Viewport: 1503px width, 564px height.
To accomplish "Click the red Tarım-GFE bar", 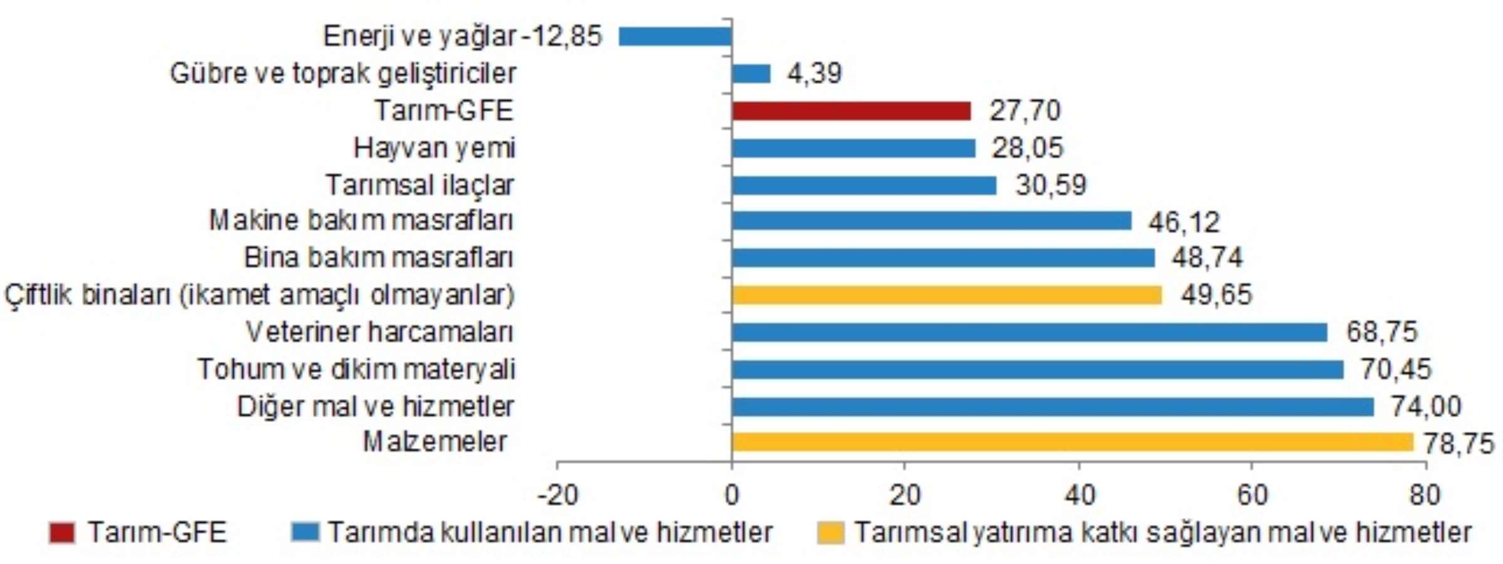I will coord(850,111).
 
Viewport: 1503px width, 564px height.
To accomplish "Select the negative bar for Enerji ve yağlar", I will coord(674,36).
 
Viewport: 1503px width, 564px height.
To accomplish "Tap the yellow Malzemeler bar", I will coord(1072,442).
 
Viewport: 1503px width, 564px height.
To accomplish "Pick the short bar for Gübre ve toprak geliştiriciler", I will coord(750,74).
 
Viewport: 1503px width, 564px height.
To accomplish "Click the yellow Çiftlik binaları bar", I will coord(946,295).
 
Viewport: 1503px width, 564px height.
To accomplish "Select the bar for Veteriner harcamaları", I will coord(1028,332).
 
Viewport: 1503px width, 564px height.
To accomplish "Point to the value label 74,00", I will coord(1425,407).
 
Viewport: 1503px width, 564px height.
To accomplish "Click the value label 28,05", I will coord(1027,149).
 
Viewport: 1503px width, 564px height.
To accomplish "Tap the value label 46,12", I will coord(1184,222).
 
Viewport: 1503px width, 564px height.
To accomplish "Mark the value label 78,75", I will coord(1459,444).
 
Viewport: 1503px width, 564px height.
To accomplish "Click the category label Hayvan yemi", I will coord(434,149).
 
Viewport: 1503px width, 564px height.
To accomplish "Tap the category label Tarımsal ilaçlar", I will coord(420,185).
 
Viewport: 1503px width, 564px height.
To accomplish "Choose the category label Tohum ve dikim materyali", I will coord(356,369).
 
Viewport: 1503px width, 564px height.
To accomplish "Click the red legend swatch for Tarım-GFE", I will coord(62,533).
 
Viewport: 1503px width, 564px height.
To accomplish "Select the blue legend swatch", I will coord(305,533).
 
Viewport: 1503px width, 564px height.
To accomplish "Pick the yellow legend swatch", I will coord(830,533).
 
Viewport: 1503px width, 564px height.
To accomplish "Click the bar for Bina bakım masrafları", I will coord(943,258).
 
